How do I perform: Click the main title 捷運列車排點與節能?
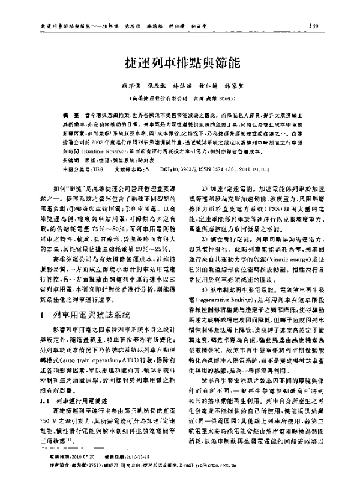click(x=179, y=62)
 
